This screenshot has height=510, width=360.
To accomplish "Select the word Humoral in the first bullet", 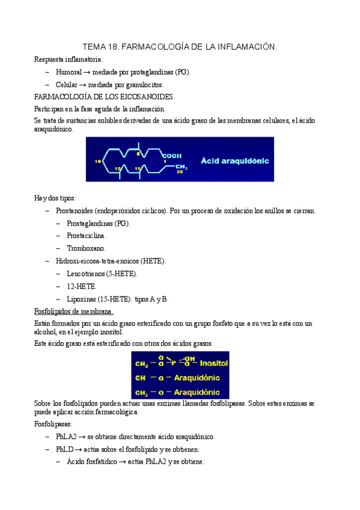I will pyautogui.click(x=69, y=72).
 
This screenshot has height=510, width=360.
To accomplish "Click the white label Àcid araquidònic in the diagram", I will pyautogui.click(x=235, y=161).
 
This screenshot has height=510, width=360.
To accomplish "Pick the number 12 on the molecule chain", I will pyautogui.click(x=118, y=169).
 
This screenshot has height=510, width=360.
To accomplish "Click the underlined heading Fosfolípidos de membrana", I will pyautogui.click(x=73, y=311).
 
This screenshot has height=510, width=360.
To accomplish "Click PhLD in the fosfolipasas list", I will pyautogui.click(x=64, y=449).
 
